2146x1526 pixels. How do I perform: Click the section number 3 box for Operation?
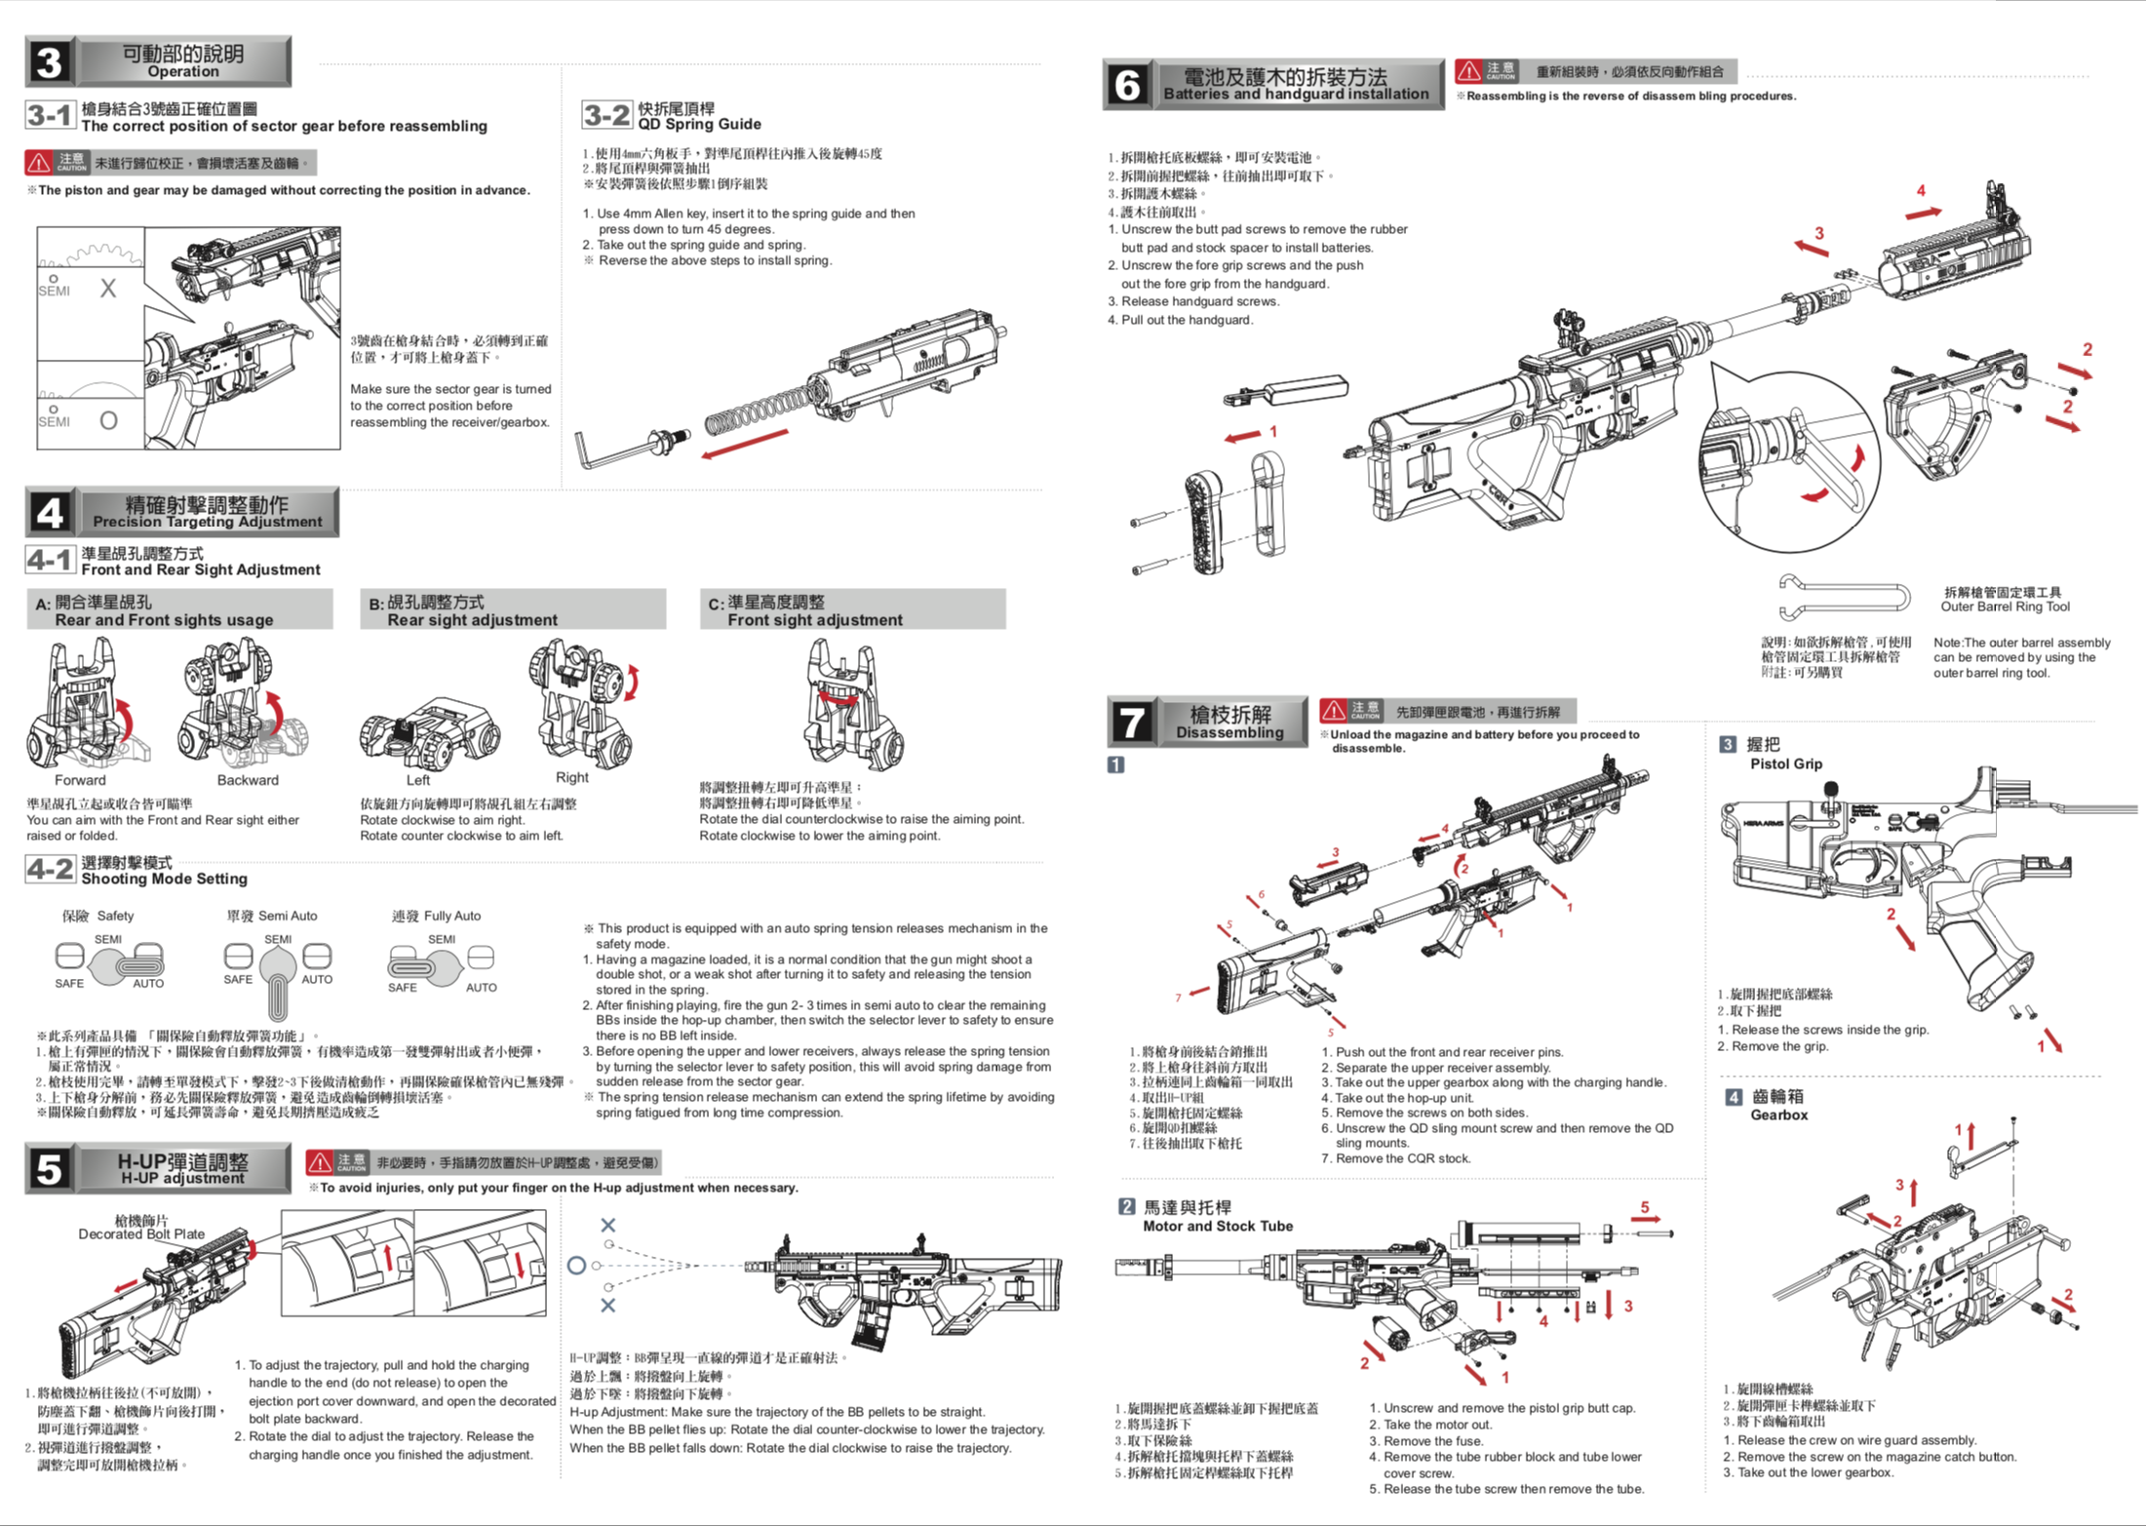tap(49, 62)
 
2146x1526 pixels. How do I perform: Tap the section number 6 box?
tap(1127, 85)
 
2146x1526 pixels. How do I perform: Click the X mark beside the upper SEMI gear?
tap(108, 289)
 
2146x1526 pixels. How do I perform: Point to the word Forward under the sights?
tap(80, 780)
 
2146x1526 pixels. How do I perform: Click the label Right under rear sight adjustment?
tap(571, 777)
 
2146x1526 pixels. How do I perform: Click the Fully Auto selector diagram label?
tap(437, 916)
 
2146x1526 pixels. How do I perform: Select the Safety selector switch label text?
tap(98, 916)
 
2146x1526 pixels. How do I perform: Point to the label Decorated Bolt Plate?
tap(141, 1233)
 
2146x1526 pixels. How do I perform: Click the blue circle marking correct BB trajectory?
tap(576, 1266)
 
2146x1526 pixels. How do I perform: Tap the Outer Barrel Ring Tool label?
tap(2005, 606)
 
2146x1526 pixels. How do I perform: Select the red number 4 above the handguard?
tap(1921, 191)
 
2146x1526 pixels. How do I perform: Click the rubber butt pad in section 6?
tap(1205, 522)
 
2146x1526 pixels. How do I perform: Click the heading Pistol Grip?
tap(1785, 764)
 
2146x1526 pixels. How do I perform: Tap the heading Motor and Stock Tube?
tap(1217, 1227)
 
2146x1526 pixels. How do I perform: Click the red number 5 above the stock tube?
tap(1645, 1207)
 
